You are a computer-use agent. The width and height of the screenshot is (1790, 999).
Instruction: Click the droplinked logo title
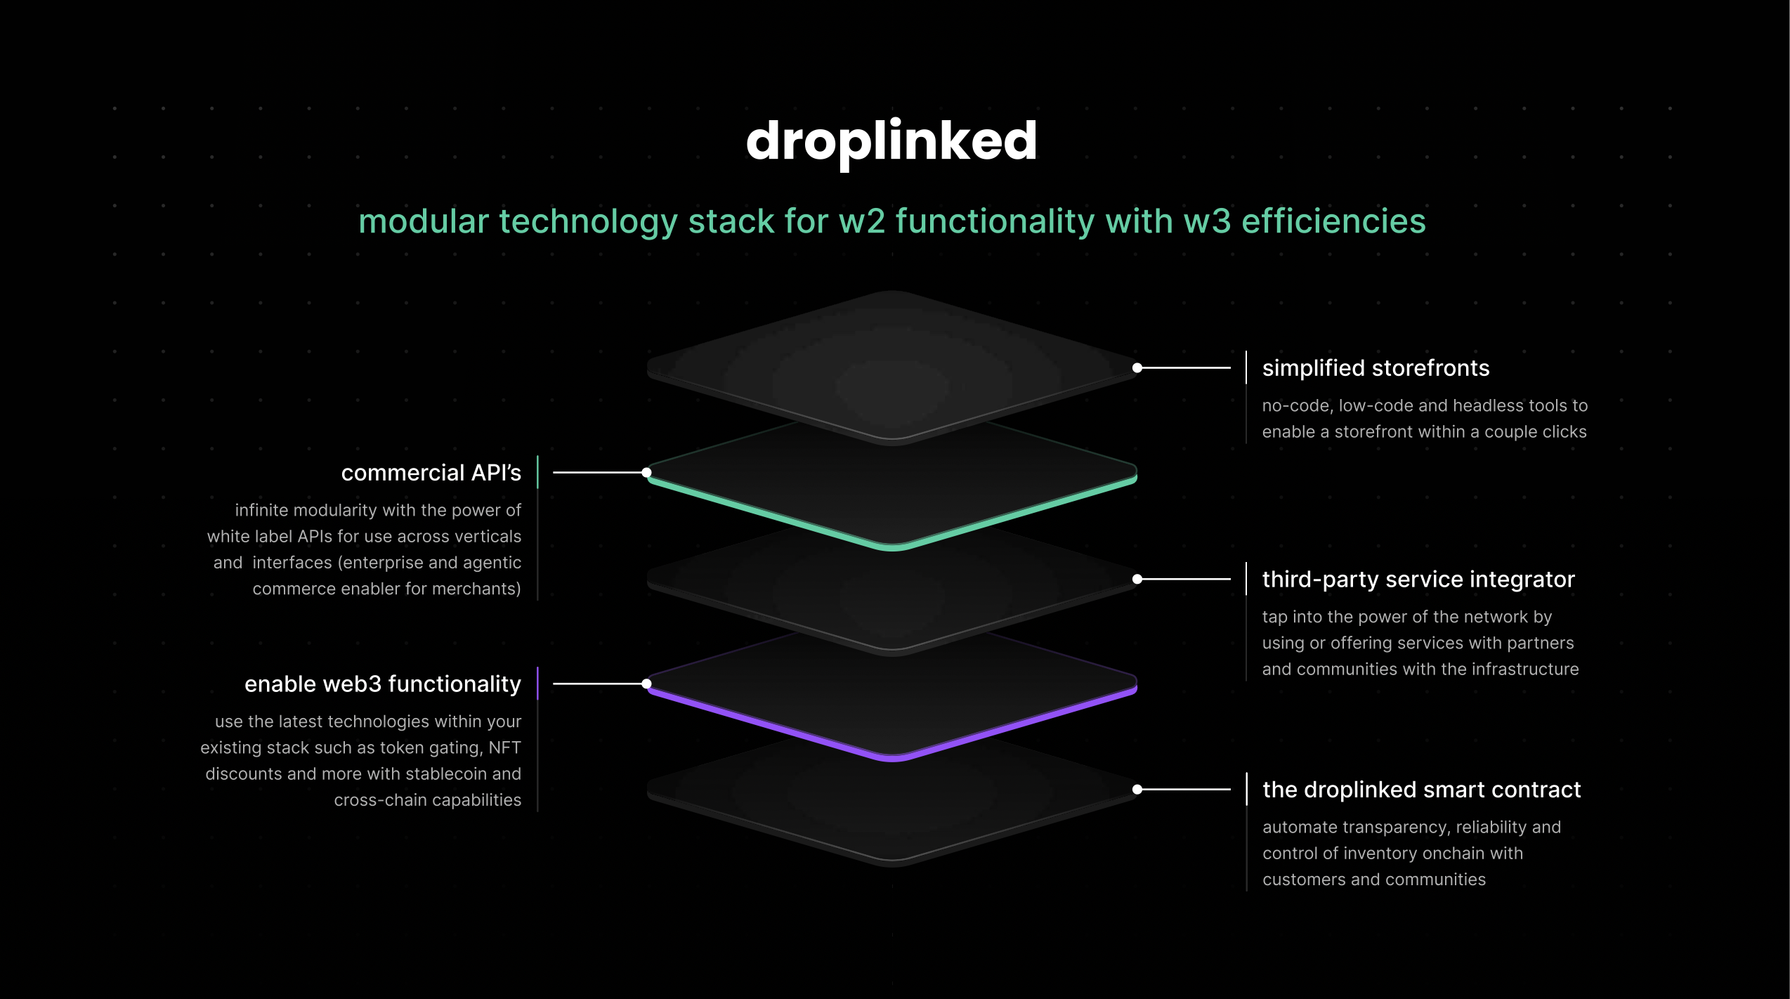click(x=891, y=142)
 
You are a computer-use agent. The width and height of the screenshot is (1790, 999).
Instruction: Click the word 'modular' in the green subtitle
click(x=424, y=221)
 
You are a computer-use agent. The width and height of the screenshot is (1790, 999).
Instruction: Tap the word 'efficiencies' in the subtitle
click(x=1334, y=221)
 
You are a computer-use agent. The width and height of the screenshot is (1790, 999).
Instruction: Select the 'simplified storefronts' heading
click(x=1376, y=368)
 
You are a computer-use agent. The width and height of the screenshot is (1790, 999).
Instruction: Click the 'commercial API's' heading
click(x=431, y=473)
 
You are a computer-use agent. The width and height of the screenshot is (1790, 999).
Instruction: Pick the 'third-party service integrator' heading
click(x=1418, y=580)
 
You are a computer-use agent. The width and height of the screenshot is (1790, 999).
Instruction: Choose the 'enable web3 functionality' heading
click(x=383, y=684)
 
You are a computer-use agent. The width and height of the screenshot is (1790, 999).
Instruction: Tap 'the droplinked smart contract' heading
click(x=1421, y=790)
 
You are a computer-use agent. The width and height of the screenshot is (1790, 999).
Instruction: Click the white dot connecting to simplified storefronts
click(x=1137, y=367)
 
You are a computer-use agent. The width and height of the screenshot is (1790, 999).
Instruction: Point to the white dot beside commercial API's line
click(x=646, y=473)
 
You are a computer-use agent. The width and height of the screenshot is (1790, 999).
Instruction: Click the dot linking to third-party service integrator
click(x=1137, y=579)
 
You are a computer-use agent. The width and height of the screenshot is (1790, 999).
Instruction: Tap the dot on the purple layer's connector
click(x=646, y=684)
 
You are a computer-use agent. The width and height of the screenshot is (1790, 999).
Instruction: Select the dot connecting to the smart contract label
click(x=1137, y=790)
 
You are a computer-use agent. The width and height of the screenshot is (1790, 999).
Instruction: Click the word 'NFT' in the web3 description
click(x=505, y=747)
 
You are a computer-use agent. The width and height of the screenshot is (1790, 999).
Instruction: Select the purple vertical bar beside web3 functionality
click(x=537, y=683)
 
